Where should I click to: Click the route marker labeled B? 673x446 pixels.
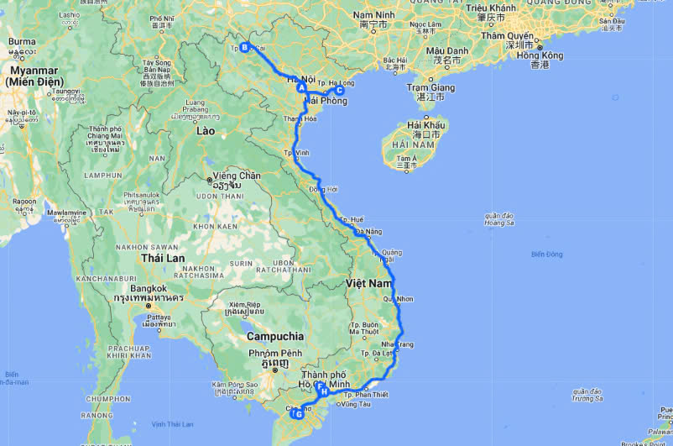click(x=244, y=47)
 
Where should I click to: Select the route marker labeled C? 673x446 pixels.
click(x=339, y=91)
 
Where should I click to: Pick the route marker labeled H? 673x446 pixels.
click(x=323, y=391)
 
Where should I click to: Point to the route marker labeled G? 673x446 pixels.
click(x=297, y=413)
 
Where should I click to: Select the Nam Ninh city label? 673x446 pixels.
click(x=375, y=15)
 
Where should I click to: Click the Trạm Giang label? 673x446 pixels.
click(x=430, y=87)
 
